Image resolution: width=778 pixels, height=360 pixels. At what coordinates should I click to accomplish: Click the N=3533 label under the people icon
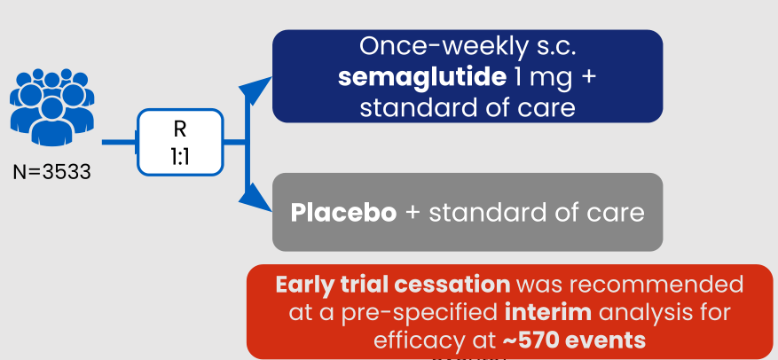(x=52, y=172)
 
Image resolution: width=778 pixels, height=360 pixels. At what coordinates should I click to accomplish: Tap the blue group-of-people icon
(x=52, y=107)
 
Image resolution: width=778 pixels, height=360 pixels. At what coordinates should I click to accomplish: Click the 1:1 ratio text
(x=179, y=157)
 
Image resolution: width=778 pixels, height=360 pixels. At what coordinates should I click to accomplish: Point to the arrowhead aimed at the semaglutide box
(x=255, y=91)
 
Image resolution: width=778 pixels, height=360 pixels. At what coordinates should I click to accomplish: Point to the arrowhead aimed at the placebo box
(x=255, y=198)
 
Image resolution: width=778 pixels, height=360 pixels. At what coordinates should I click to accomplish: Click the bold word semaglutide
(x=422, y=77)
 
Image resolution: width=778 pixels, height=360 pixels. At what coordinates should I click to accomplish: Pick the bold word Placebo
(x=343, y=212)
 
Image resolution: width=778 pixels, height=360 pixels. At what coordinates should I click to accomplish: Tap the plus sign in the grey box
(x=413, y=213)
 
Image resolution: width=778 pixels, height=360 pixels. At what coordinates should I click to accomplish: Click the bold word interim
(x=548, y=313)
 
